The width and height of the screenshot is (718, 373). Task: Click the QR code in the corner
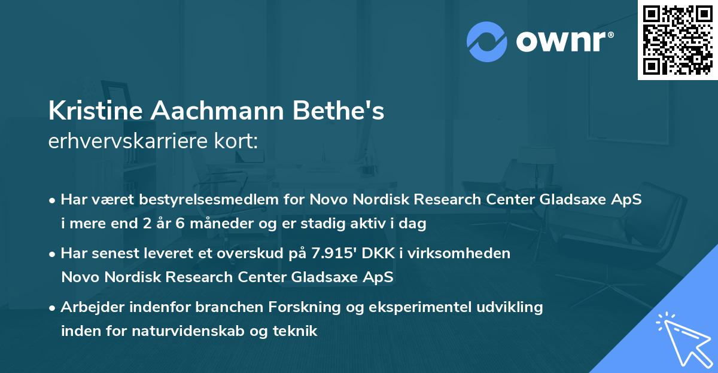(x=677, y=39)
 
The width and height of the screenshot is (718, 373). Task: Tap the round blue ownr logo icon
(x=487, y=42)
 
